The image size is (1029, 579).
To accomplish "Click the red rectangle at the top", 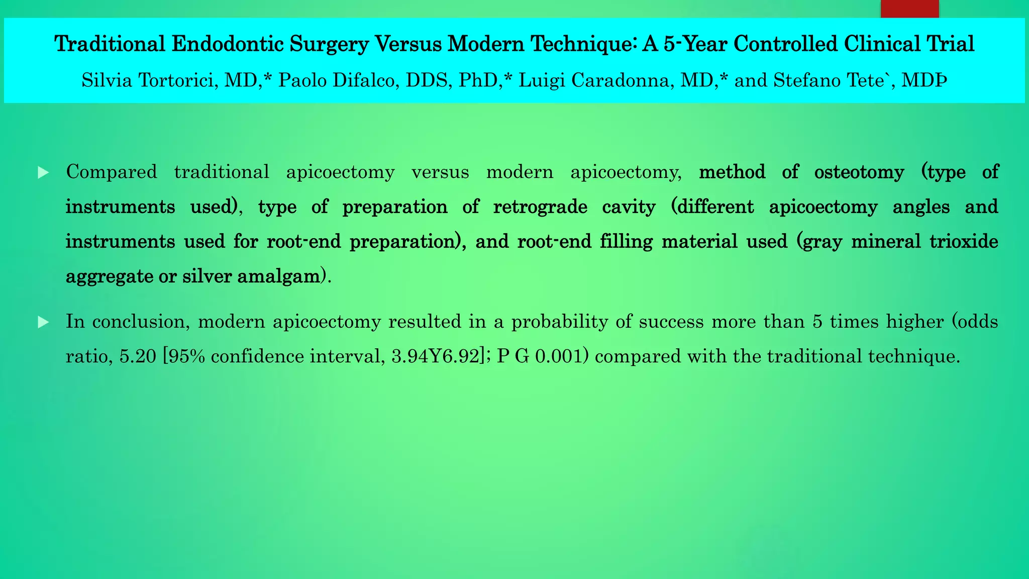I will pos(909,9).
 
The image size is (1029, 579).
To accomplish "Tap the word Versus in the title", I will pos(407,44).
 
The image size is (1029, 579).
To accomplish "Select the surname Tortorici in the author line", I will pos(176,80).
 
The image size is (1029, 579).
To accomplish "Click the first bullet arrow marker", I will pos(43,173).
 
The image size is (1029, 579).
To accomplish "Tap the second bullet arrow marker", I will pos(43,322).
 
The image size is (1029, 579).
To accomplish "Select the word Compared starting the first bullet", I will pos(112,172).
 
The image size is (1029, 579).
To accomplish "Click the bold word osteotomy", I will pos(859,172).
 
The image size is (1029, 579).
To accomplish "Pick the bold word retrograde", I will pos(540,207).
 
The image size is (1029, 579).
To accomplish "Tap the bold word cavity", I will pos(629,207).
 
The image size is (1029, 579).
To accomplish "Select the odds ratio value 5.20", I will pos(138,357).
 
